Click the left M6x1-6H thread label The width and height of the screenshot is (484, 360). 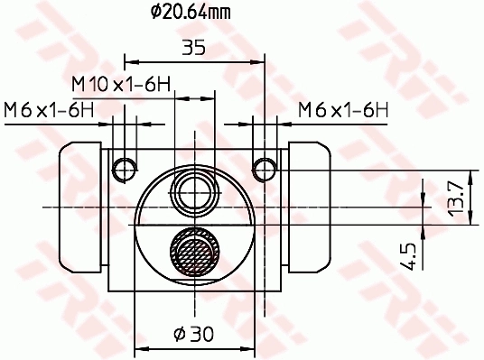(x=49, y=110)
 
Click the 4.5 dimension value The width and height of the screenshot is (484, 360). (x=407, y=256)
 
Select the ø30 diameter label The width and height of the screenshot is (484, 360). (x=194, y=334)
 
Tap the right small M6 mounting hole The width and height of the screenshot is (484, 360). (x=264, y=168)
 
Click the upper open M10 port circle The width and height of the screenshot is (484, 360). (x=195, y=190)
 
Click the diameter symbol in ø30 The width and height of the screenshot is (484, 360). (x=180, y=334)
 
